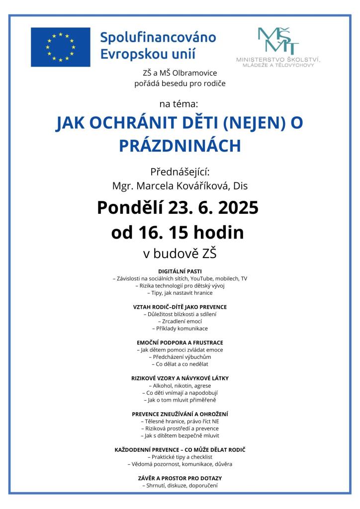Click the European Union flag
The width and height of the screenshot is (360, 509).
click(x=60, y=47)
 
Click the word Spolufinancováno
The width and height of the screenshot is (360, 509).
click(x=158, y=37)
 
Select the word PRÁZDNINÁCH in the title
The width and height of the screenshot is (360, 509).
click(x=180, y=145)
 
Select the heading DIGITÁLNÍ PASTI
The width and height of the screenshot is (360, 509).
click(x=180, y=271)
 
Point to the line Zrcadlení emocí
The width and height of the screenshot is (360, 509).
click(x=180, y=321)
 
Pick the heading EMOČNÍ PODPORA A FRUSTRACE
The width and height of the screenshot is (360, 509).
click(x=180, y=342)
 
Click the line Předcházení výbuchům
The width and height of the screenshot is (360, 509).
click(x=180, y=357)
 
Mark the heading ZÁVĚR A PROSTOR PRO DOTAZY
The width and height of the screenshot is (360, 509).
click(x=180, y=478)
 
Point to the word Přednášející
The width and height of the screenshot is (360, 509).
click(x=180, y=172)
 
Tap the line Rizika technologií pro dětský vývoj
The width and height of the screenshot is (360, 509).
click(x=180, y=286)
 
